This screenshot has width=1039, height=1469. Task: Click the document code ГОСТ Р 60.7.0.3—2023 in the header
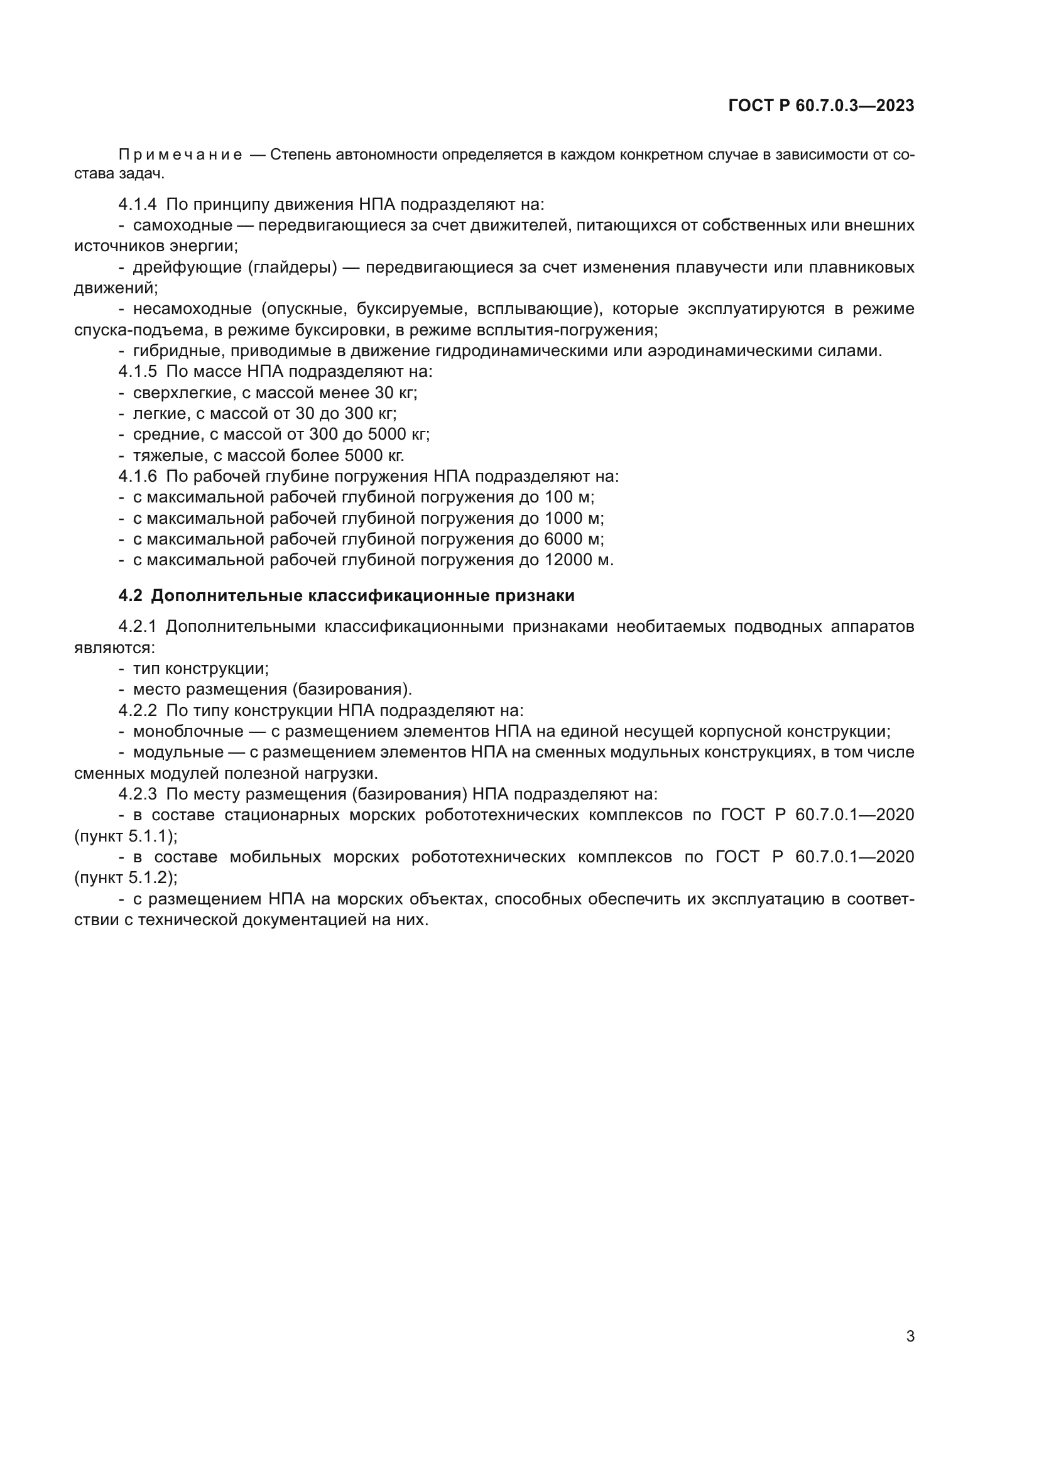[x=821, y=106]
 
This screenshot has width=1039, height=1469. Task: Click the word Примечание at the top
[x=180, y=155]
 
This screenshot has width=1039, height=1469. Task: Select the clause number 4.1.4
[x=137, y=205]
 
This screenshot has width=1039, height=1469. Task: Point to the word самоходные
[x=182, y=225]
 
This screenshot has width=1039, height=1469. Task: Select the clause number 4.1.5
[x=137, y=372]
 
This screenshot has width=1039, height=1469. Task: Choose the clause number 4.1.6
[x=137, y=477]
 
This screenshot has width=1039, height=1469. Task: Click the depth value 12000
[x=567, y=560]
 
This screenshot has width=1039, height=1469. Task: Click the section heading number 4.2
[x=130, y=596]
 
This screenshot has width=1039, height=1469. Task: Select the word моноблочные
[x=188, y=731]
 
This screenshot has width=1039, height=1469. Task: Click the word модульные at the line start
[x=178, y=752]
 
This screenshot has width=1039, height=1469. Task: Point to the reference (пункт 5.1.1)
[x=126, y=836]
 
